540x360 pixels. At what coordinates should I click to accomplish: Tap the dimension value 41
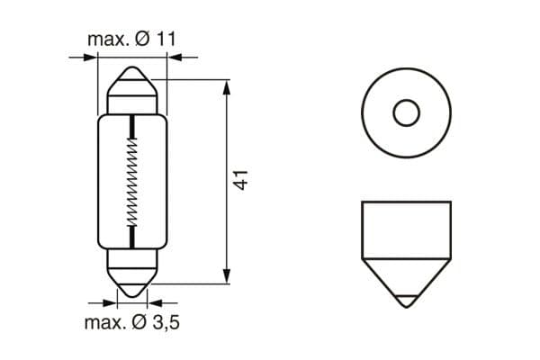241,178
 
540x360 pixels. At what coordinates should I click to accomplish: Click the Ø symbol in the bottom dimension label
143,321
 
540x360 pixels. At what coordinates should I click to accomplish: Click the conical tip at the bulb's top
133,73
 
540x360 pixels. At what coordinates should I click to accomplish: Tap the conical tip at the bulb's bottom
133,288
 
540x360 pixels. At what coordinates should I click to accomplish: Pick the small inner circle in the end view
407,113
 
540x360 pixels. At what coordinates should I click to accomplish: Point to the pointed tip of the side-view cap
407,300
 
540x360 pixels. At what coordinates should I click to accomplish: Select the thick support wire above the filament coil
133,126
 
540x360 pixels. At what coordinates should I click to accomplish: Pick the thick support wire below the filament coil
133,236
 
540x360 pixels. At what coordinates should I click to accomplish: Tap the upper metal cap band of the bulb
133,97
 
